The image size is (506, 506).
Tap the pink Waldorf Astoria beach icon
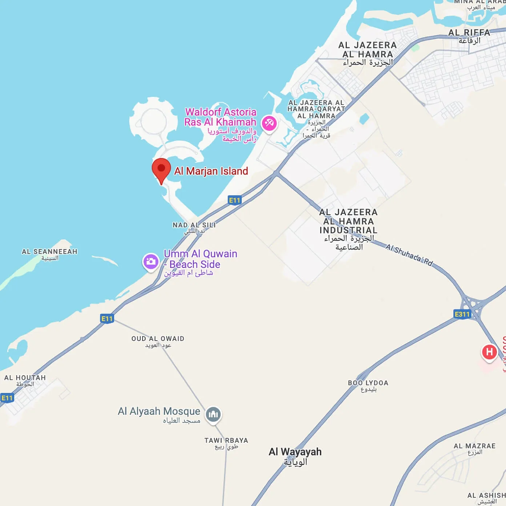pos(269,124)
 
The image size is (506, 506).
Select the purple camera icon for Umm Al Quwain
pos(150,261)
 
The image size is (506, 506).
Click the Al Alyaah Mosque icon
pos(213,414)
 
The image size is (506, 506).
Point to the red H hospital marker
pos(489,352)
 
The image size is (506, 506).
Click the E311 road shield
pos(462,314)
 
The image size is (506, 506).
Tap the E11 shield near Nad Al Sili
pos(234,200)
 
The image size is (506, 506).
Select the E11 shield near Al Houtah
pos(7,398)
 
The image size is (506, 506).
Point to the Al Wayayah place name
pos(295,452)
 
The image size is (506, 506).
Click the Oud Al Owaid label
pos(158,339)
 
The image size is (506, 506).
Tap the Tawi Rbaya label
pos(226,441)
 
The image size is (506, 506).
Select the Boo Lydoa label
pos(368,383)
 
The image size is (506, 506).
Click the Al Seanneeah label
pos(49,252)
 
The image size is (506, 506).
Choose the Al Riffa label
pos(469,33)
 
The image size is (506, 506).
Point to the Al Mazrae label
pos(474,446)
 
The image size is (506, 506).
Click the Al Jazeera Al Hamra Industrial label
pos(348,221)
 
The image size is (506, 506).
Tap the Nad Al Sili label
pos(194,225)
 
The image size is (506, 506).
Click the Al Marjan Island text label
pos(211,171)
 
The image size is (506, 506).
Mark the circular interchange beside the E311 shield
pos(473,303)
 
